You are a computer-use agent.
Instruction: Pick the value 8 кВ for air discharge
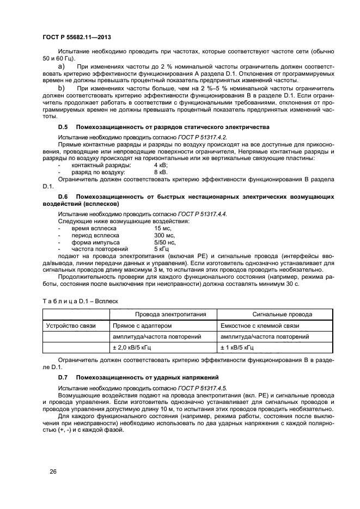pos(161,171)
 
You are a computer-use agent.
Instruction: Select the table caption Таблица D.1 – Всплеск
pos(80,301)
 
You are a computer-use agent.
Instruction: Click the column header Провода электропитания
pos(163,314)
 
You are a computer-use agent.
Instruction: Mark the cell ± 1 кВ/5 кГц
pos(241,347)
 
